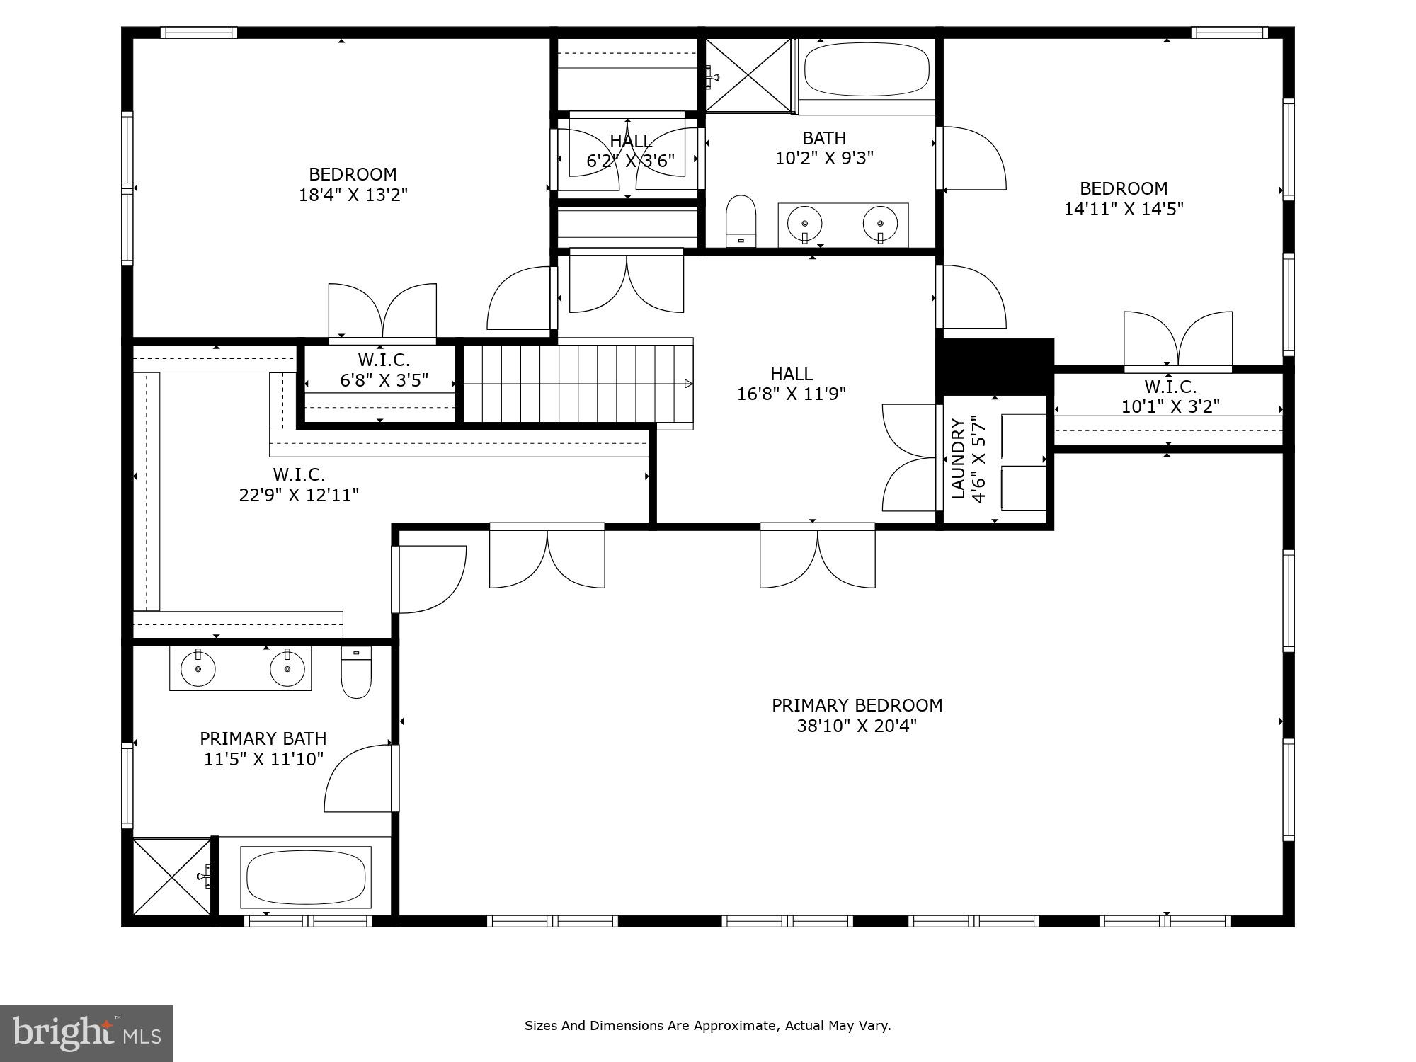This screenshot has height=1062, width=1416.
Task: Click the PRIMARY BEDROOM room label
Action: coord(857,705)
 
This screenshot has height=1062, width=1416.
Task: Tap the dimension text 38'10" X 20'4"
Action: coord(857,726)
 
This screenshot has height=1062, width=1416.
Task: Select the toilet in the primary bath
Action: coord(356,673)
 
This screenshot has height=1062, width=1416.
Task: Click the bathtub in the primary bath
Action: coord(305,877)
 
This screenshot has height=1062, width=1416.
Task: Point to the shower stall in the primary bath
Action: coord(172,877)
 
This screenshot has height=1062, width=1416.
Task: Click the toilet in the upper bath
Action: coord(741,220)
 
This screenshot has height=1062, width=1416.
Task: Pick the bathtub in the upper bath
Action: coord(867,70)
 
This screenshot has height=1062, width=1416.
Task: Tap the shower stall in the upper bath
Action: coord(748,75)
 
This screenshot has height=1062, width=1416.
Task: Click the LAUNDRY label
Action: coord(958,459)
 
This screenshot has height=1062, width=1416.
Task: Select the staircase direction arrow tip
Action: coord(690,384)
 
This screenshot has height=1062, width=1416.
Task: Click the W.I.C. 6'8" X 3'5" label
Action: coord(384,370)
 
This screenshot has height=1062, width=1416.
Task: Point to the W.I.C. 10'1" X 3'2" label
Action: coord(1170,396)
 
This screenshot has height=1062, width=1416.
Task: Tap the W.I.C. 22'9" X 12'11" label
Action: coord(299,484)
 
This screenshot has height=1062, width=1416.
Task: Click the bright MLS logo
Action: coord(86,1033)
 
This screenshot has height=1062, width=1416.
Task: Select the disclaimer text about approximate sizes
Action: coord(707,1025)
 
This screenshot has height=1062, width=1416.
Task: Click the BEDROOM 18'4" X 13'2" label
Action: coord(353,184)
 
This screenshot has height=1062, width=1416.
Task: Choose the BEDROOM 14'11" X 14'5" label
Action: coord(1124,198)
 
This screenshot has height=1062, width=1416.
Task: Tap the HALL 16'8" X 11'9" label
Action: coord(792,383)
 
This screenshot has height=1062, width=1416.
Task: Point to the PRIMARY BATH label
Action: coord(263,748)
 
